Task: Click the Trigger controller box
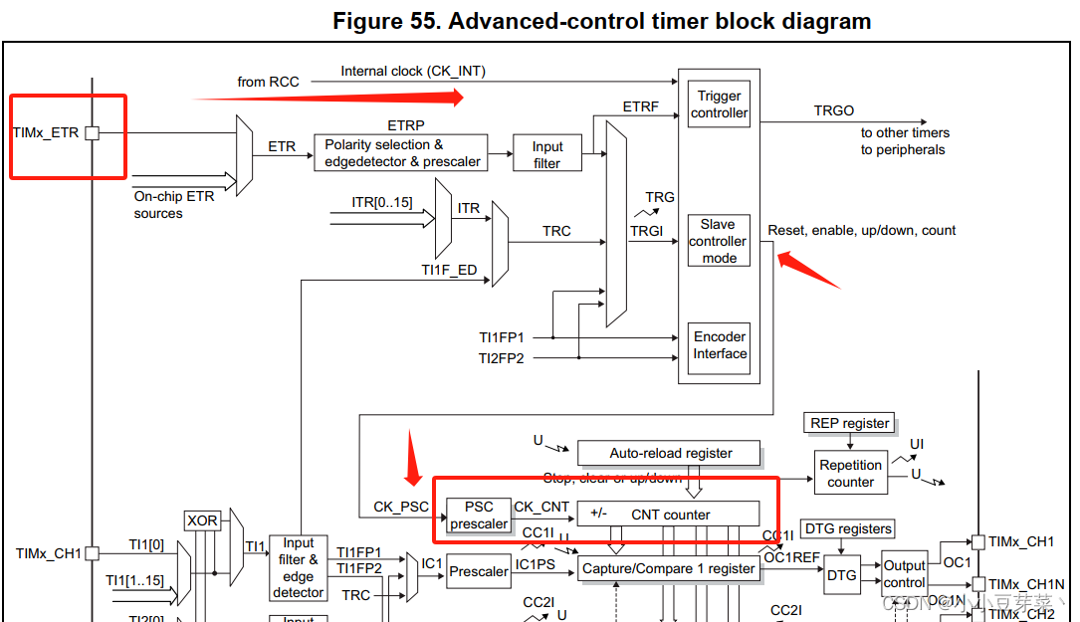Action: pos(719,104)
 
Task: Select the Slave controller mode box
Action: pos(719,241)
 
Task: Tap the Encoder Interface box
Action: pos(719,345)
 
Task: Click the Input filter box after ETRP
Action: pos(547,154)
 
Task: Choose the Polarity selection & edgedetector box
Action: pos(401,153)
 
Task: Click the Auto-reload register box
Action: pos(670,453)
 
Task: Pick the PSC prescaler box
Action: pos(479,516)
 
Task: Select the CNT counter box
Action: pos(668,515)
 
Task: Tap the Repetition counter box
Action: pos(850,473)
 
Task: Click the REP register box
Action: pos(849,423)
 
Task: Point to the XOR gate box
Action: pos(202,520)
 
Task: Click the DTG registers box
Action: pos(847,528)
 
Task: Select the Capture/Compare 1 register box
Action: pos(669,569)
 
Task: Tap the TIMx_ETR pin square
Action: pos(92,132)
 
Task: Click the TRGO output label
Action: pos(834,110)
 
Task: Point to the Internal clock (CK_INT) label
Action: pos(413,71)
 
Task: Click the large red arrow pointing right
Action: pos(328,97)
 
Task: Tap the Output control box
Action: pos(904,573)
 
